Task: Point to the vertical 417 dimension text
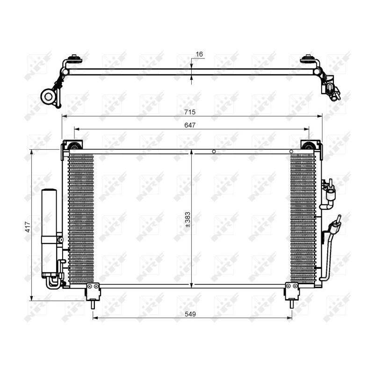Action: point(28,227)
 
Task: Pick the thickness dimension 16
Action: point(199,55)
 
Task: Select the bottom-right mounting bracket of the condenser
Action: point(292,292)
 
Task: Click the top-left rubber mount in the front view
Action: point(74,147)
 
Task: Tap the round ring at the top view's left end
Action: point(49,97)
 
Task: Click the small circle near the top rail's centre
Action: point(214,151)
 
